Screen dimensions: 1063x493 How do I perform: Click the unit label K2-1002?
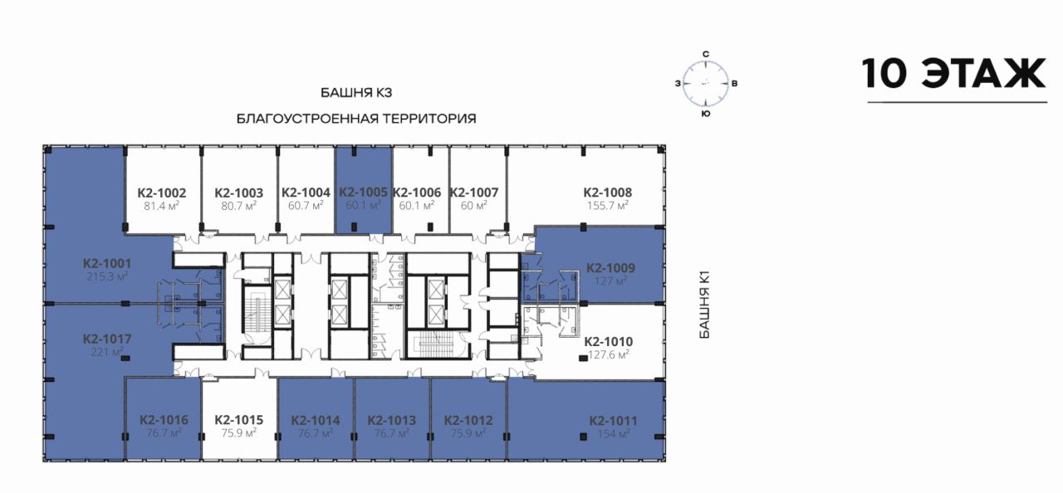click(x=162, y=193)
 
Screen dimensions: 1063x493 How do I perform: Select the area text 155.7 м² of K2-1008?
click(x=607, y=206)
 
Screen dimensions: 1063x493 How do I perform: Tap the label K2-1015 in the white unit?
click(x=238, y=420)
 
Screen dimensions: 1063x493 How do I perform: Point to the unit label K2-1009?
click(x=610, y=268)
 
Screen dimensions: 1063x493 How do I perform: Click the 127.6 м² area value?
click(x=609, y=354)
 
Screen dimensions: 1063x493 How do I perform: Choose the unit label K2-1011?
click(x=613, y=421)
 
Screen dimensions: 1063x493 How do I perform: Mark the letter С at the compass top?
click(x=706, y=54)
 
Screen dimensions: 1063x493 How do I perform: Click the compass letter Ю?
click(x=706, y=114)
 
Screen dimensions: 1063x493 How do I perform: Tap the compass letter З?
click(x=678, y=84)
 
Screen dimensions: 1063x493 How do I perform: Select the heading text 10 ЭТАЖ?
click(x=954, y=74)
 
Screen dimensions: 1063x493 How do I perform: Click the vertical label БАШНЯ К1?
click(x=705, y=305)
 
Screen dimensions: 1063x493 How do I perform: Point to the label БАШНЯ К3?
click(x=356, y=93)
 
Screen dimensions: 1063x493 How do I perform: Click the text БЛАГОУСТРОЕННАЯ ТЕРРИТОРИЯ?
click(x=356, y=119)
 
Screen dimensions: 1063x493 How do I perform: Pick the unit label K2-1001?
click(x=107, y=264)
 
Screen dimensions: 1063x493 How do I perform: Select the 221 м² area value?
click(x=107, y=352)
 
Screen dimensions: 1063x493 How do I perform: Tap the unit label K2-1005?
click(x=363, y=193)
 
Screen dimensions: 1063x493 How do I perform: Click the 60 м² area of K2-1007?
click(x=473, y=206)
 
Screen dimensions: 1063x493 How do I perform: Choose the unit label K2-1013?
click(x=391, y=421)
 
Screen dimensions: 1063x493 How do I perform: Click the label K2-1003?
click(x=238, y=193)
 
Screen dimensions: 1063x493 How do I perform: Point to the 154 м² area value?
click(x=613, y=434)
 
